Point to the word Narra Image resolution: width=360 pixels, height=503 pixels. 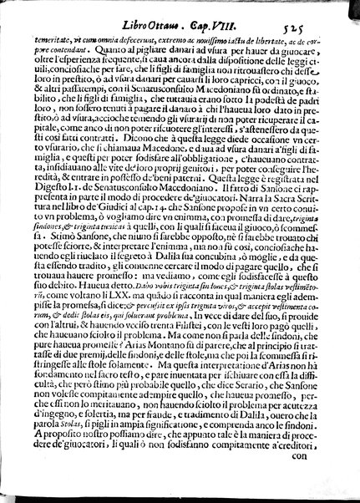(x=243, y=247)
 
